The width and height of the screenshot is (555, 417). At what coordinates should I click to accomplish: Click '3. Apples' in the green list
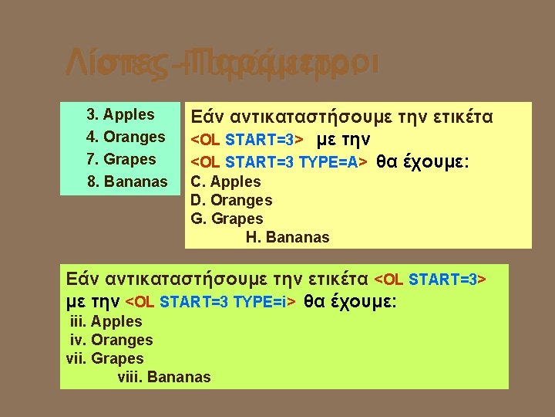120,115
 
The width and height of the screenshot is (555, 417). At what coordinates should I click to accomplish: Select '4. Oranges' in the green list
126,137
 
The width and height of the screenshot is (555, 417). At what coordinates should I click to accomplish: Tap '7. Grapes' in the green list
121,160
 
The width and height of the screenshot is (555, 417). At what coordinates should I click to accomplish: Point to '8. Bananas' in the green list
126,182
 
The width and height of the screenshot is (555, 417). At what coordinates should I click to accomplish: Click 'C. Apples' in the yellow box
226,182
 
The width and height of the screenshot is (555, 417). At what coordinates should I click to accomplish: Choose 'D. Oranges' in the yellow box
231,201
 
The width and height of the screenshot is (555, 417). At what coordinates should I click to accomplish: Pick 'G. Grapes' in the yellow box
227,219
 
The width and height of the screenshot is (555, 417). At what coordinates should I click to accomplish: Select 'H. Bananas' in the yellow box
288,238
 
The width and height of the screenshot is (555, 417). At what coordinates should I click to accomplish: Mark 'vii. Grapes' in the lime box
106,358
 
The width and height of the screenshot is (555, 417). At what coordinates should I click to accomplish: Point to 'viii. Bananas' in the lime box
163,378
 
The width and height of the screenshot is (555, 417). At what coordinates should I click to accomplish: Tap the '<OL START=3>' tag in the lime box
430,279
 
